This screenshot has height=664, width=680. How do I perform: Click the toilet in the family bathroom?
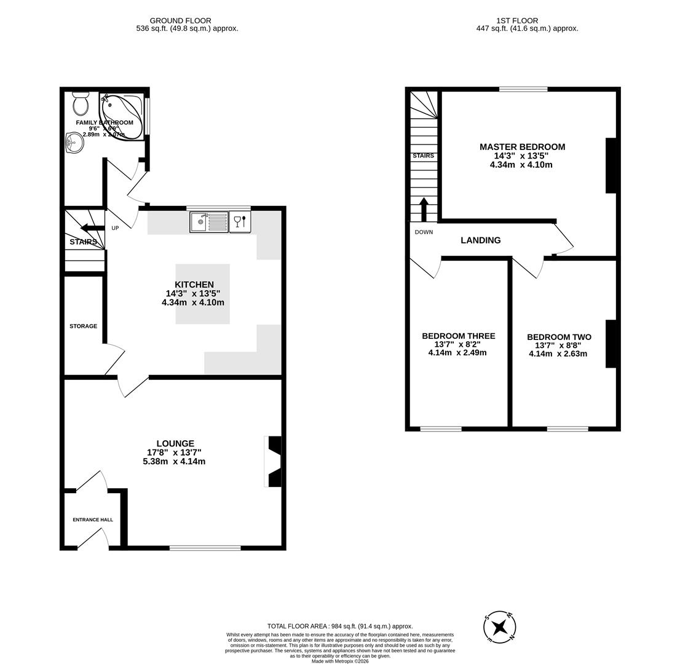tap(81, 104)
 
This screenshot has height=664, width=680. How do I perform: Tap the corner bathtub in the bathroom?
tap(121, 116)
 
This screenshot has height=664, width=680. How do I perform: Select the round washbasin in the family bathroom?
tap(74, 143)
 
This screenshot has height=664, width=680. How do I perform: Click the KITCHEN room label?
tap(194, 285)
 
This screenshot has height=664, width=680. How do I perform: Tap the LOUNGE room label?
tap(175, 443)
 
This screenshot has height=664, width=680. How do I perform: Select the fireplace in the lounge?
tap(274, 462)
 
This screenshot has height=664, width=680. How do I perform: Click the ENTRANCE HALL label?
tap(93, 520)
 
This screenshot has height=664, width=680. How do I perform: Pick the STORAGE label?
tap(83, 326)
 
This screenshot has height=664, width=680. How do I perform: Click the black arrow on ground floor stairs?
tap(92, 229)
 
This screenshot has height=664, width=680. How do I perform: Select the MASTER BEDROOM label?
tap(522, 147)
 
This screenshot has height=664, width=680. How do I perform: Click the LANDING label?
tap(480, 240)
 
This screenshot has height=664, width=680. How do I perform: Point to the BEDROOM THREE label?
tap(458, 336)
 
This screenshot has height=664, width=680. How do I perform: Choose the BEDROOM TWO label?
tap(559, 338)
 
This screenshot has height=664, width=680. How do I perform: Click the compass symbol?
tap(499, 628)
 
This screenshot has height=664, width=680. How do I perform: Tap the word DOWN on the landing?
tap(424, 232)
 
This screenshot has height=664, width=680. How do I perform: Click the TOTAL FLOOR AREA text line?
tap(340, 626)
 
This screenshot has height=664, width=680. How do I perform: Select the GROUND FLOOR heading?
tap(180, 20)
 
